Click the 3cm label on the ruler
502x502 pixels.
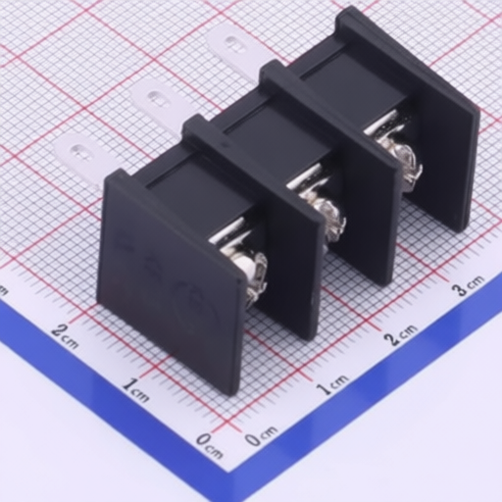[468, 286]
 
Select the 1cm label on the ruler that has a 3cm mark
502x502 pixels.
[332, 384]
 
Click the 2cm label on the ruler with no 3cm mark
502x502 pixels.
[66, 336]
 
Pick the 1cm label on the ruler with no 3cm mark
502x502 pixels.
[136, 390]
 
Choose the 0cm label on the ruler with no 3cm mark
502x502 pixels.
[210, 445]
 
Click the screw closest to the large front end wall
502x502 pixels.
[253, 273]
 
